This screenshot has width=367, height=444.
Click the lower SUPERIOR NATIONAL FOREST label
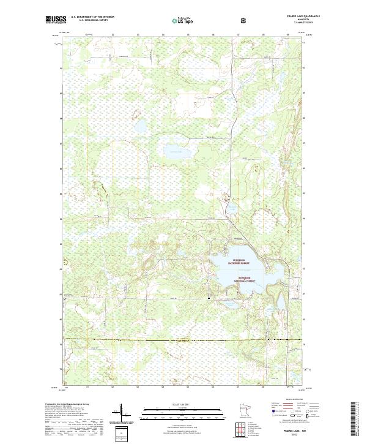coord(251,280)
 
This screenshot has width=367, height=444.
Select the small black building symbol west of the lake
coord(210,298)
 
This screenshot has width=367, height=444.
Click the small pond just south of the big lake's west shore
coord(228,303)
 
